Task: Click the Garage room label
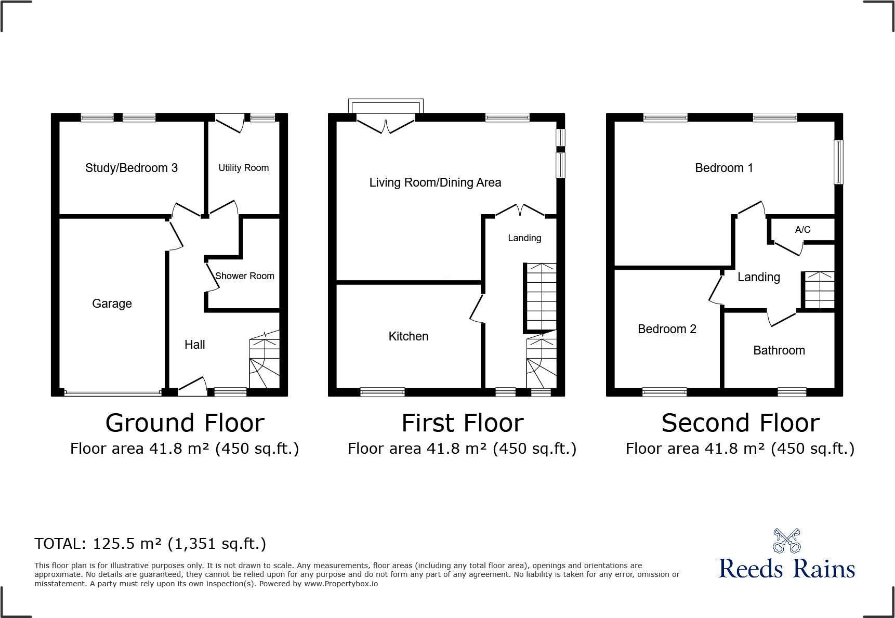(x=112, y=304)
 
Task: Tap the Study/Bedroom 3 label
(x=131, y=168)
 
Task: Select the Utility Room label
(x=243, y=168)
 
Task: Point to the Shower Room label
(x=244, y=276)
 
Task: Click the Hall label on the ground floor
(x=194, y=345)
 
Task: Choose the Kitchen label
(x=408, y=336)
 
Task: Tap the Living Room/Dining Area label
(x=435, y=182)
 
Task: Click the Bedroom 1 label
(x=723, y=168)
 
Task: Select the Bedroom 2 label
(x=666, y=329)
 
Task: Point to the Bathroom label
(x=779, y=350)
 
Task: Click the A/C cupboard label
(x=802, y=230)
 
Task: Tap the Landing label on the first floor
(x=524, y=238)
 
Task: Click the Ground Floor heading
(x=185, y=423)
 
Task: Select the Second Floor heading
(x=740, y=423)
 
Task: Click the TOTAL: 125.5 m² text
(x=150, y=544)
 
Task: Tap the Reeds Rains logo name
(x=786, y=569)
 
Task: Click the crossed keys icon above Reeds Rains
(x=786, y=541)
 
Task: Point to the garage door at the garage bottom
(x=112, y=392)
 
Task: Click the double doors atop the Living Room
(x=386, y=126)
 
